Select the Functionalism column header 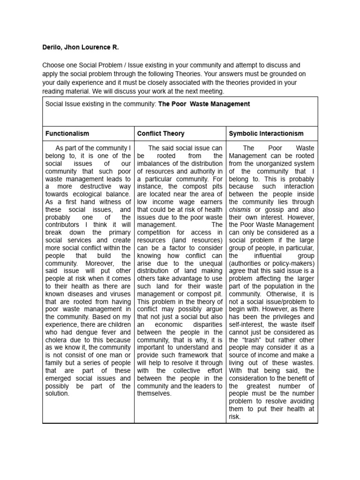click(67, 134)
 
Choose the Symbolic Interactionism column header click(266, 134)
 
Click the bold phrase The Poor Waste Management click(204, 104)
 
